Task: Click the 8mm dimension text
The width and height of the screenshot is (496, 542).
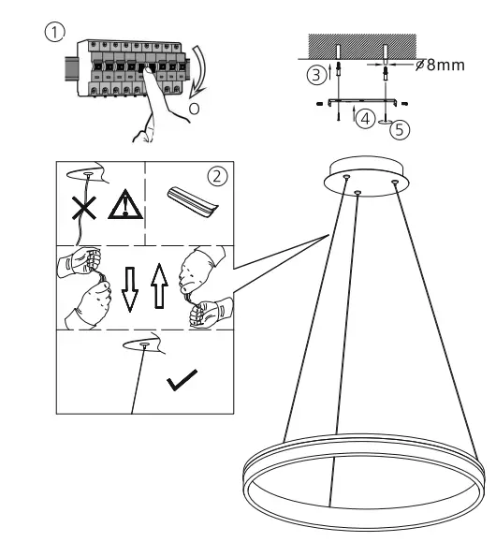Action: (x=440, y=67)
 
